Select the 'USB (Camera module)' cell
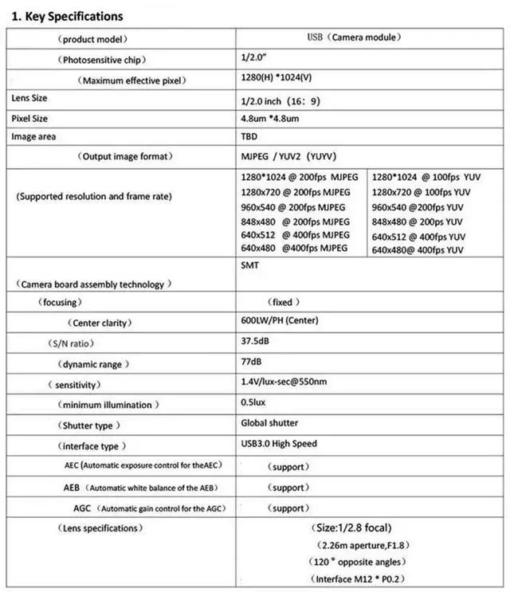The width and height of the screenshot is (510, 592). tap(354, 37)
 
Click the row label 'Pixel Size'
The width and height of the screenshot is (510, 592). tap(31, 118)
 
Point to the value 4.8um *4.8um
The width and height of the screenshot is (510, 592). tap(269, 120)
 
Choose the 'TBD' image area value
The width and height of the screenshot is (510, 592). tap(249, 137)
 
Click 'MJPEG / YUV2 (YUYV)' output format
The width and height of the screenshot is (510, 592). tap(293, 157)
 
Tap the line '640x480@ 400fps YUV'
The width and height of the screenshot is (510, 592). tap(418, 250)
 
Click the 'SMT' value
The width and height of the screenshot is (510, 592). tap(249, 268)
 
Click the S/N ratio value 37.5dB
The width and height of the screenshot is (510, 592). tap(256, 342)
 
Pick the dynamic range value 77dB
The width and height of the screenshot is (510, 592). tap(251, 363)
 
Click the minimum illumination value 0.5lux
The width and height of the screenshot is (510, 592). tap(253, 403)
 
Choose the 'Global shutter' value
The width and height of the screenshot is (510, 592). tap(269, 423)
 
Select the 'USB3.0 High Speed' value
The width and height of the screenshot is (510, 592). tap(278, 444)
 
